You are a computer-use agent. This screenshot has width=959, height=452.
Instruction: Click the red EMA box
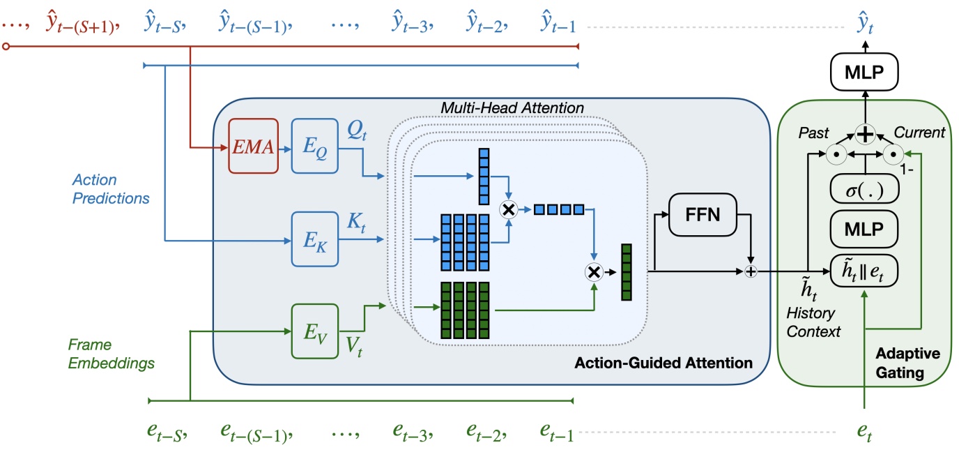pos(254,147)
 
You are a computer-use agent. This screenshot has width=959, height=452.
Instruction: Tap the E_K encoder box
pos(314,241)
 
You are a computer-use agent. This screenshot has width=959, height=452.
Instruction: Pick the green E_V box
pos(314,331)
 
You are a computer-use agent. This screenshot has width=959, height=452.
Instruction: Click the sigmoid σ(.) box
pos(864,190)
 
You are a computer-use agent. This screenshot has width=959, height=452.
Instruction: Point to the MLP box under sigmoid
pos(864,229)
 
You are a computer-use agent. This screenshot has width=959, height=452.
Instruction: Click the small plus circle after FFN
pos(751,271)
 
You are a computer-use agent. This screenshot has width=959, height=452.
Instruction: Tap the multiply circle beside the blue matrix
pos(507,209)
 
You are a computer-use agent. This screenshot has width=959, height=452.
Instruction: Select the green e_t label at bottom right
pos(864,432)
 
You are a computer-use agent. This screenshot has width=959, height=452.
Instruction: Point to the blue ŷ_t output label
pos(864,26)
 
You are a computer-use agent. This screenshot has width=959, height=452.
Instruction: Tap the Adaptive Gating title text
pos(907,363)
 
